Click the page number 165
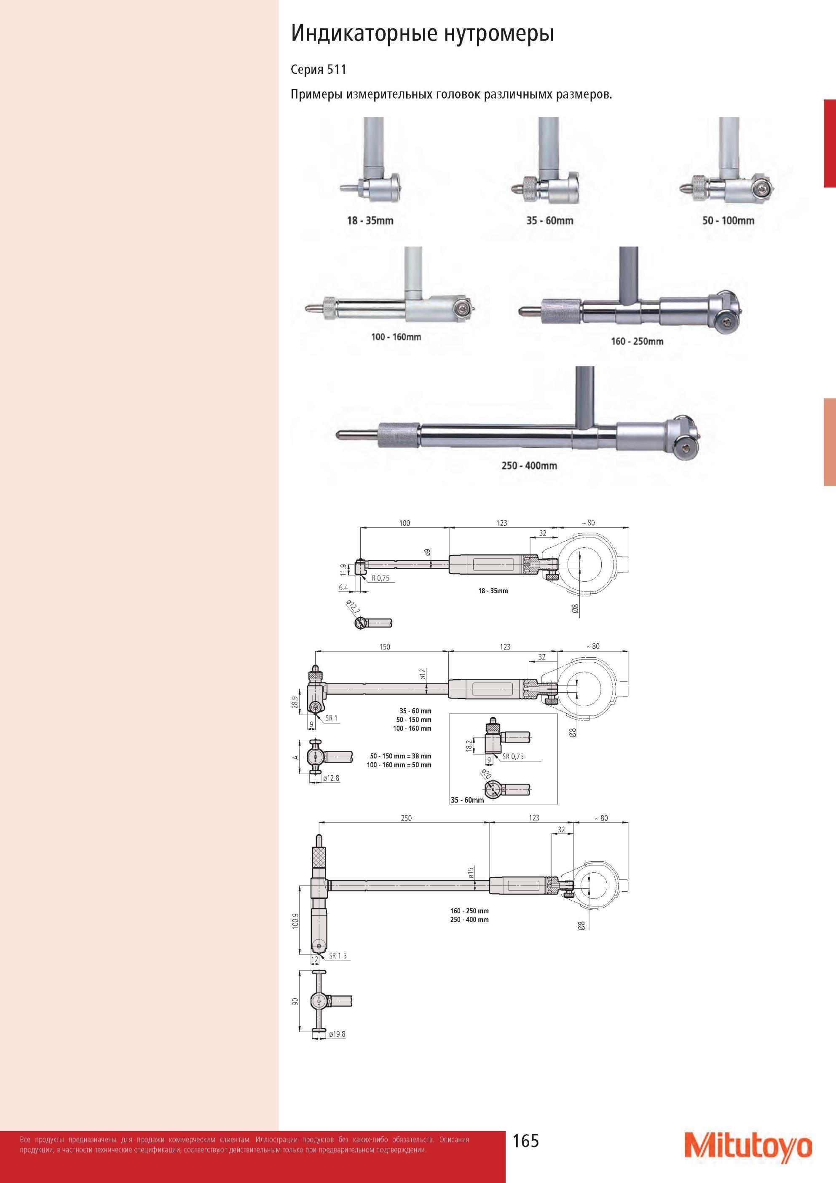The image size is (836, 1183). point(525,1141)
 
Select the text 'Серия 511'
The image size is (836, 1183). point(318,70)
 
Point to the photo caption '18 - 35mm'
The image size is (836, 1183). point(370,220)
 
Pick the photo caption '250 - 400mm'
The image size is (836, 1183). point(529,465)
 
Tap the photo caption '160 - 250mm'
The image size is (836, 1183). point(637,341)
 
